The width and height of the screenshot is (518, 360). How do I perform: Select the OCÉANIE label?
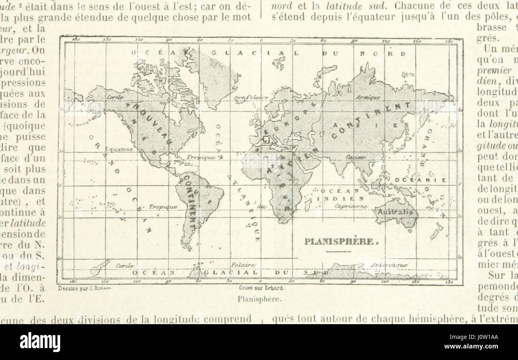420,180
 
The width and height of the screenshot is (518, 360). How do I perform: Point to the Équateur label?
119,149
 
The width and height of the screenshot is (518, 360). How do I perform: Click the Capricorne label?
350,206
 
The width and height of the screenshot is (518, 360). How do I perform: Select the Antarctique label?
389,265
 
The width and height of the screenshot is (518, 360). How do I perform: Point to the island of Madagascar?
308,204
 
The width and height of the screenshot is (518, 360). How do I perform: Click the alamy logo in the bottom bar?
40,342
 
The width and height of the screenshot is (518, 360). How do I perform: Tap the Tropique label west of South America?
163,207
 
